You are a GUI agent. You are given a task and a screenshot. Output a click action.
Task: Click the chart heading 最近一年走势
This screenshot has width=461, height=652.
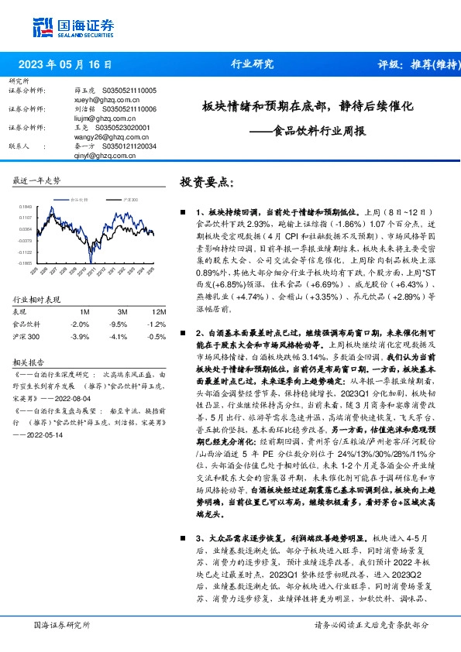pyautogui.click(x=37, y=180)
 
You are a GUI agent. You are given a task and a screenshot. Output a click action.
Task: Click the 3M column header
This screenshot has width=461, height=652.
pyautogui.click(x=122, y=311)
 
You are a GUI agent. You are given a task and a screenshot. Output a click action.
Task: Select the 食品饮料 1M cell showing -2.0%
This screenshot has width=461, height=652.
pyautogui.click(x=80, y=324)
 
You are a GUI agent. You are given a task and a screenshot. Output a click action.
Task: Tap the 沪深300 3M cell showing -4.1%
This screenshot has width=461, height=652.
pyautogui.click(x=118, y=337)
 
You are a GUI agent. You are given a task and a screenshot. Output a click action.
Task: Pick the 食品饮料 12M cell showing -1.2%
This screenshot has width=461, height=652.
pyautogui.click(x=157, y=324)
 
